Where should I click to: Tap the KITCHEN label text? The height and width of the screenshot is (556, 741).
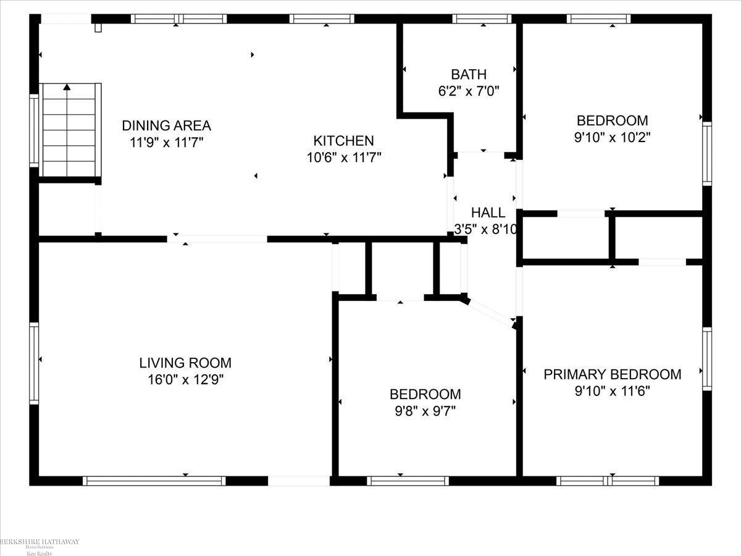[x=343, y=141]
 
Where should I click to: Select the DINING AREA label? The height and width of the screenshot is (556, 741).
[x=166, y=125]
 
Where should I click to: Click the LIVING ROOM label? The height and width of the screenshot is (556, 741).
[x=185, y=363]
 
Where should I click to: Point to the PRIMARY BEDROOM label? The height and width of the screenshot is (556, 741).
[x=612, y=374]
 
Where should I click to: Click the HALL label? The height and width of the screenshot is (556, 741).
[x=488, y=213]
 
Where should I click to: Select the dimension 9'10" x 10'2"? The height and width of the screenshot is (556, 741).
[x=612, y=137]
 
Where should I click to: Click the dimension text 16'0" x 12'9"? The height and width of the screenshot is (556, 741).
[x=185, y=379]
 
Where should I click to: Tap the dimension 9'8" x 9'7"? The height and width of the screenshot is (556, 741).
[x=425, y=410]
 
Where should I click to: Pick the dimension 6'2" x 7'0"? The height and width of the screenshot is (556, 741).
[x=468, y=91]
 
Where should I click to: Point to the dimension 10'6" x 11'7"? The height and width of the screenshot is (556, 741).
[x=343, y=157]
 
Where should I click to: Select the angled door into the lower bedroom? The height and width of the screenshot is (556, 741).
[x=490, y=311]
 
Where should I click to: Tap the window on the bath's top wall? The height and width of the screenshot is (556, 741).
[x=482, y=19]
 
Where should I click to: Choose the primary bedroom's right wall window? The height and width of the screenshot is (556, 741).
[x=706, y=359]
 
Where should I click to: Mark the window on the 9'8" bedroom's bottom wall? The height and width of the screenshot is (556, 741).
[x=408, y=481]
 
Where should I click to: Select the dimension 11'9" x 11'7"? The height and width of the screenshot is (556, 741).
[x=166, y=141]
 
